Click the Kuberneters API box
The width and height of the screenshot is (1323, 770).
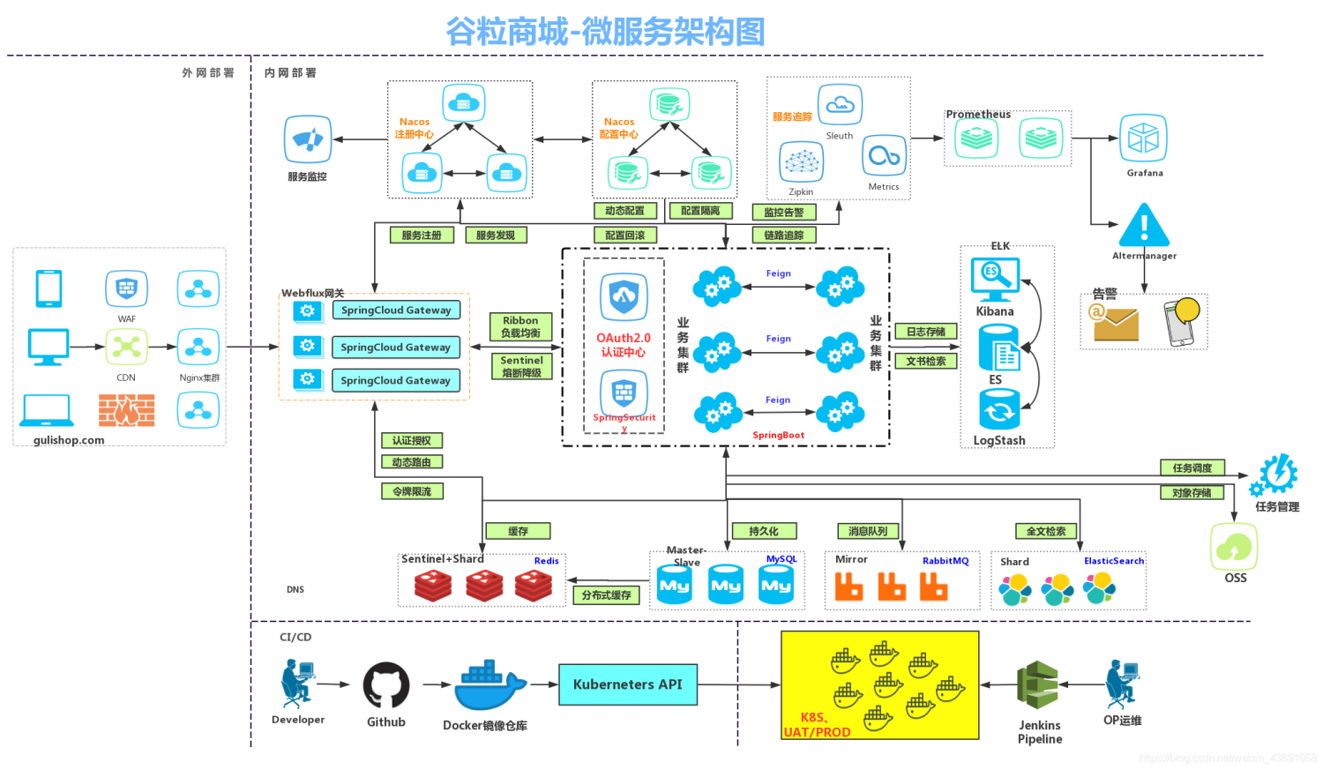click(627, 684)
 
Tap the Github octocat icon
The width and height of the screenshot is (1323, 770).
click(385, 685)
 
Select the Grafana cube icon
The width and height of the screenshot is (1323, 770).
click(1143, 138)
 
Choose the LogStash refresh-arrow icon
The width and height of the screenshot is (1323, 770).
click(999, 410)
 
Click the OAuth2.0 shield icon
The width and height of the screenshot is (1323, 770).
click(624, 296)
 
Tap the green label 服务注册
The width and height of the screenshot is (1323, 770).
click(422, 235)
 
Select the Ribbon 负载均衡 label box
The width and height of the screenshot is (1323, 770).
click(520, 326)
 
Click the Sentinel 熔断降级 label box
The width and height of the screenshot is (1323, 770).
click(521, 367)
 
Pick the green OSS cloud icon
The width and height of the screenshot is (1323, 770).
click(1234, 547)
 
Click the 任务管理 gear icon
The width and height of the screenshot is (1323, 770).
click(1275, 475)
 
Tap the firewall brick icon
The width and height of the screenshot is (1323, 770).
click(126, 410)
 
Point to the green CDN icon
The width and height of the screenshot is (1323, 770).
click(126, 347)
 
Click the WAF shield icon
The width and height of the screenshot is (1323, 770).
click(126, 288)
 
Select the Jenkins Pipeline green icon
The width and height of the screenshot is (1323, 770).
click(1038, 685)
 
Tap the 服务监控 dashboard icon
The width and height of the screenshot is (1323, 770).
click(307, 139)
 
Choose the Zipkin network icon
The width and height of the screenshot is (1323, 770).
click(801, 162)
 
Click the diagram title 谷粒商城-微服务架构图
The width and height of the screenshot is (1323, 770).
click(605, 32)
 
